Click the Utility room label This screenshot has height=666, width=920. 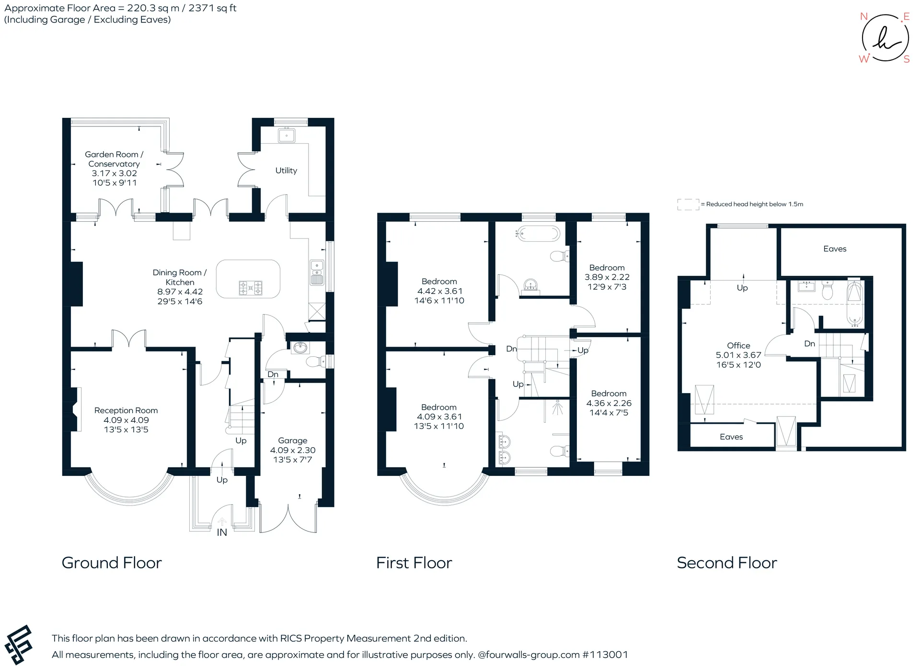point(286,170)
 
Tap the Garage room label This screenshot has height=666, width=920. point(293,440)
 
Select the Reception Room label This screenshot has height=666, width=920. point(126,410)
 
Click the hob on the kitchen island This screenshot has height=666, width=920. point(251,288)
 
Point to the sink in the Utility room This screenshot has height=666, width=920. point(287,135)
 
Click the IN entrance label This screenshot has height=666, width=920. point(222,532)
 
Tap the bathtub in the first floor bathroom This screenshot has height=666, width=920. point(538,234)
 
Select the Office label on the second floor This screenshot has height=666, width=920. point(738,345)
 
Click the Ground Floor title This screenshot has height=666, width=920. point(112,563)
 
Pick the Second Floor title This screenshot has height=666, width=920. point(727,563)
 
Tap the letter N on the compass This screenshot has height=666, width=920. point(864,17)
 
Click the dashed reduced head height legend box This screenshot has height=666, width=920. point(688,204)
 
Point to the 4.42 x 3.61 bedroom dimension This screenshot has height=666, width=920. point(439,291)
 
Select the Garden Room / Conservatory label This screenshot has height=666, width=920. point(114,159)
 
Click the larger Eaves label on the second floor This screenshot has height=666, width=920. point(835,248)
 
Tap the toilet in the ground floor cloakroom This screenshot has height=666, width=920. point(315,361)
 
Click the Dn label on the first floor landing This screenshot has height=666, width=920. point(512,349)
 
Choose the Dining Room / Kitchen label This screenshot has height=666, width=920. point(180,277)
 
